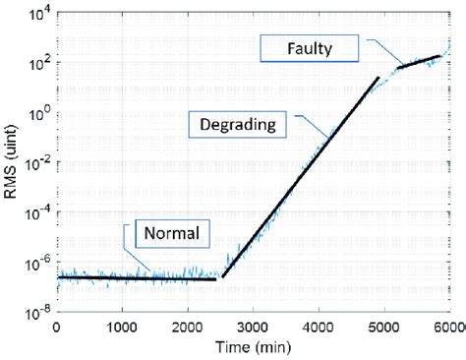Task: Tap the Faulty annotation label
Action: pyautogui.click(x=311, y=46)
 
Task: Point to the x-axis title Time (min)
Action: pyautogui.click(x=254, y=348)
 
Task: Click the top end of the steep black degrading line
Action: pyautogui.click(x=378, y=78)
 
